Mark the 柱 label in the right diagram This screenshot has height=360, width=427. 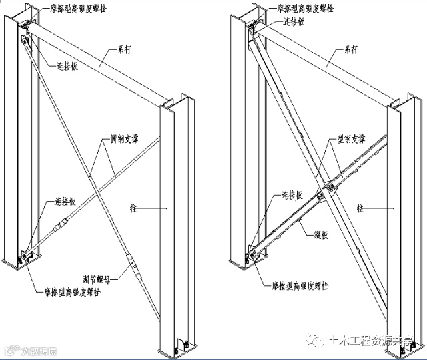click(x=360, y=208)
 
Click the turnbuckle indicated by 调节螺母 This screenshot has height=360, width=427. click(x=133, y=265)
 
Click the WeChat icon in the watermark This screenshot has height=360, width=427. click(x=313, y=341)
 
